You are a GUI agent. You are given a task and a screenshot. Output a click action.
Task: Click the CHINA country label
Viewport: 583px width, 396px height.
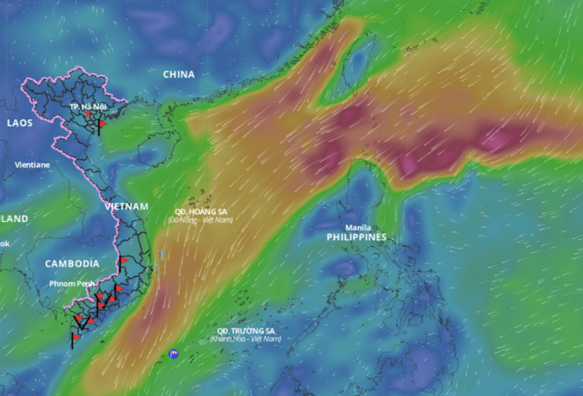[x=179, y=74]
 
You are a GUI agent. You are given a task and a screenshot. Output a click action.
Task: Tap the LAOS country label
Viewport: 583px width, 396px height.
[x=20, y=123]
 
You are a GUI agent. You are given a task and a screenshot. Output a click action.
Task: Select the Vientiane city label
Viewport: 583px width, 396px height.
[x=32, y=165]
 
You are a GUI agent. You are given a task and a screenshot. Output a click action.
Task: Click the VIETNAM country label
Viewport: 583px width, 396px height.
[x=126, y=206]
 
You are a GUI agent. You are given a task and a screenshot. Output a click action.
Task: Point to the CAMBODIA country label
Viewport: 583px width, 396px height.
[x=72, y=263]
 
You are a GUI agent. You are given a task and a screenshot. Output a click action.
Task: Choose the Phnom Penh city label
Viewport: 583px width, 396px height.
[x=72, y=283]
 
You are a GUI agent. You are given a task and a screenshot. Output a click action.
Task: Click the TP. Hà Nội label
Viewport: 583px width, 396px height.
[x=87, y=106]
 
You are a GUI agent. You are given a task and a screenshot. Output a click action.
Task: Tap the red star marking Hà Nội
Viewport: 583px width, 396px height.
[x=88, y=114]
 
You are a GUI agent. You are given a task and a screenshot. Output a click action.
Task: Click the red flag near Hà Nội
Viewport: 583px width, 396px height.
[x=102, y=124]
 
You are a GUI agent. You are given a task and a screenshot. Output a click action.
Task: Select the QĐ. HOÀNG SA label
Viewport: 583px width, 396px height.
[x=201, y=212]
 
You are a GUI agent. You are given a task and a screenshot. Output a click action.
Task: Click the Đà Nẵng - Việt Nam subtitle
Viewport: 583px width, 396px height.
[x=201, y=220]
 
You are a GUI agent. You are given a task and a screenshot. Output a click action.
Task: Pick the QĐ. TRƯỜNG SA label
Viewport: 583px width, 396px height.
[x=245, y=331]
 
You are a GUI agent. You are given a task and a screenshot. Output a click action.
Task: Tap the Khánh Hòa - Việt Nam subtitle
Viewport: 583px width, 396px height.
[x=245, y=339]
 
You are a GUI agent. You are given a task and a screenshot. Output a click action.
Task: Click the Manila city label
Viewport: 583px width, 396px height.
[x=358, y=227]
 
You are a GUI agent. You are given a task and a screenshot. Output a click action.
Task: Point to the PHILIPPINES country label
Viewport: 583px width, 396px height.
[x=357, y=237]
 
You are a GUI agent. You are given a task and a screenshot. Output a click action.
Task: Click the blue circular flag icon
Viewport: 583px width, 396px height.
[x=173, y=354]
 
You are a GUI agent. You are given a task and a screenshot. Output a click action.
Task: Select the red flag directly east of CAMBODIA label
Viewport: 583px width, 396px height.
[x=123, y=260]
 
